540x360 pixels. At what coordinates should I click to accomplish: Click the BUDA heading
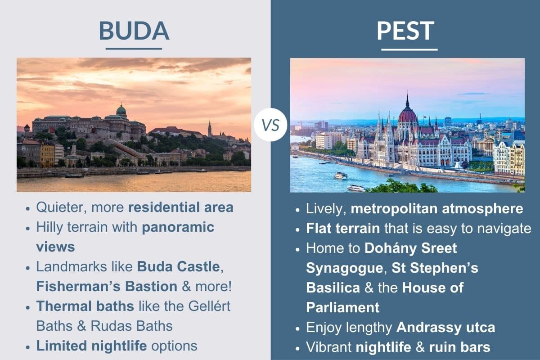pyautogui.click(x=134, y=31)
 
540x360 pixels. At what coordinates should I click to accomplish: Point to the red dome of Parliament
pyautogui.click(x=408, y=115)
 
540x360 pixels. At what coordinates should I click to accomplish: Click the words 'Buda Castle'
pyautogui.click(x=179, y=266)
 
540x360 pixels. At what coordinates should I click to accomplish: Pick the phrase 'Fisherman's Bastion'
pyautogui.click(x=107, y=286)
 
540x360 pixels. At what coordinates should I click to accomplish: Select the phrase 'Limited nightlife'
pyautogui.click(x=92, y=345)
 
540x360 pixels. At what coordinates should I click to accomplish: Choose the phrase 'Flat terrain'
pyautogui.click(x=343, y=228)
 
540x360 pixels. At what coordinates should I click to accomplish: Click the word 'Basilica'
pyautogui.click(x=333, y=287)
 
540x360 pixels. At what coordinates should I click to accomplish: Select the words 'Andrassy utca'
pyautogui.click(x=445, y=327)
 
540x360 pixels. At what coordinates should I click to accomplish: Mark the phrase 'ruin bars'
pyautogui.click(x=459, y=347)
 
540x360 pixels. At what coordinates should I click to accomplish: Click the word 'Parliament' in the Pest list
pyautogui.click(x=342, y=307)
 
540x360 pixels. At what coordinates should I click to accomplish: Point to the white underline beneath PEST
pyautogui.click(x=409, y=49)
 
